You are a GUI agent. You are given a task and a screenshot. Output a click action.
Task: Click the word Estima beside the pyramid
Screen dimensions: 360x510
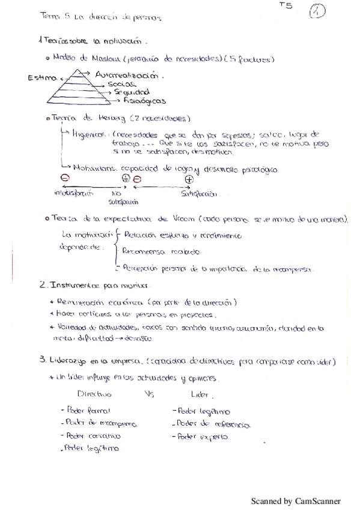[x=41, y=79]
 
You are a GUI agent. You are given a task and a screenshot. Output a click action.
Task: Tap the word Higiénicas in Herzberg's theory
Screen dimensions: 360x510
[x=90, y=134]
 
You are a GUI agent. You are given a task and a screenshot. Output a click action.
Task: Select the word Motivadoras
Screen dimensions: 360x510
[x=95, y=170]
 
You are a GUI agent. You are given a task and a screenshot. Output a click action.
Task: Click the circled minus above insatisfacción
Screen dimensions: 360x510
[x=64, y=179]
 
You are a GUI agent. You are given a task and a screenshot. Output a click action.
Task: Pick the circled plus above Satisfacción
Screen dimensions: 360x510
[x=189, y=179]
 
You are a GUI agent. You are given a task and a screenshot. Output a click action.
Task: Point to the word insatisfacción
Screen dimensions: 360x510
[x=67, y=194]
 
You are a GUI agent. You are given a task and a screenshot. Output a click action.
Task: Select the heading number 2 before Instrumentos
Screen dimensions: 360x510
[x=41, y=284]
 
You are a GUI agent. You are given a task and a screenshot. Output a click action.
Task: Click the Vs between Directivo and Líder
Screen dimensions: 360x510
[x=150, y=395]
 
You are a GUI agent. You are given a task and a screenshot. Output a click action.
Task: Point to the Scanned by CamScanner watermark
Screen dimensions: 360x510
[x=295, y=500]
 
